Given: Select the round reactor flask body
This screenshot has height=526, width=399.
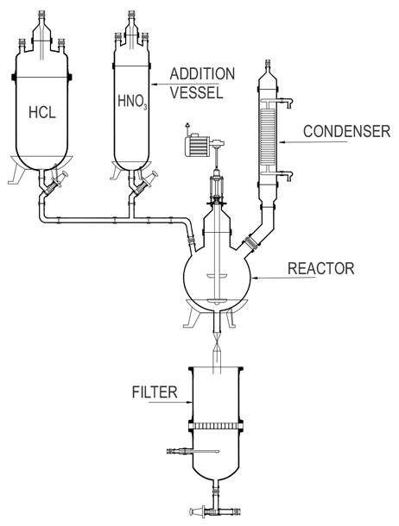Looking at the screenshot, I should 216,276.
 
